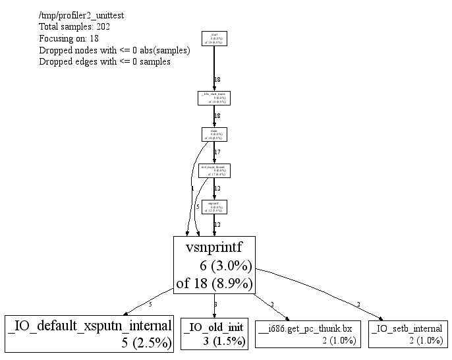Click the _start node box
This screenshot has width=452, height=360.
pos(214,39)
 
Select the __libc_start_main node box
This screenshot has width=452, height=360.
pos(214,98)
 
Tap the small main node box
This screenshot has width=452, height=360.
pos(214,135)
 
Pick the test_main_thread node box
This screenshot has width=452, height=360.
pos(214,171)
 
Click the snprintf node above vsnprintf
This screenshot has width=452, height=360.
pos(214,206)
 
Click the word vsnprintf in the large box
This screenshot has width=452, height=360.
pos(213,249)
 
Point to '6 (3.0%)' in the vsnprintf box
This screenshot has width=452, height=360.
pos(225,266)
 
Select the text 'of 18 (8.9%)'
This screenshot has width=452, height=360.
pos(214,284)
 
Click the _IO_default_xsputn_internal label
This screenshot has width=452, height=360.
pos(90,326)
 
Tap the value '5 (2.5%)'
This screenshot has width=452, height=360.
pos(146,342)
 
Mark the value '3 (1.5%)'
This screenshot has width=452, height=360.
pos(223,341)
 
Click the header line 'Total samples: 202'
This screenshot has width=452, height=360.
pos(74,27)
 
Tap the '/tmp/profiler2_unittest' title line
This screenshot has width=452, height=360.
pos(82,15)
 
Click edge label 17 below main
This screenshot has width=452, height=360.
pos(217,152)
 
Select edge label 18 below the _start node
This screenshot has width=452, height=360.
pos(217,80)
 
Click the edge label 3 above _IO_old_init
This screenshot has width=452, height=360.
pos(215,304)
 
